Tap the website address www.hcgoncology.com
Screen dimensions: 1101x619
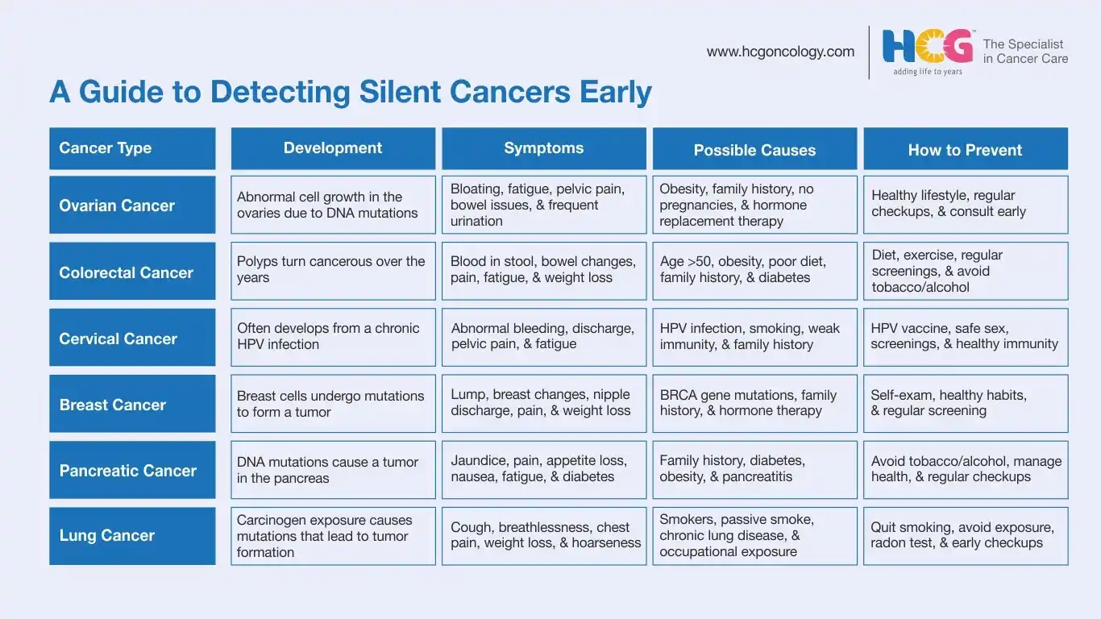[x=780, y=52]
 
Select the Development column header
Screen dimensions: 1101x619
[x=333, y=148]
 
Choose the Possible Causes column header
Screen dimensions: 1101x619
[x=754, y=148]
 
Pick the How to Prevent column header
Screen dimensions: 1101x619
[x=966, y=148]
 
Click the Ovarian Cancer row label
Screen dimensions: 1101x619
[x=132, y=205]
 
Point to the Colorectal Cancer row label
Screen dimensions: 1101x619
[x=132, y=271]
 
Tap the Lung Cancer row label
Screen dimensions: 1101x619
[x=132, y=536]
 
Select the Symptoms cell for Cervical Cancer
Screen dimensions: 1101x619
[x=543, y=337]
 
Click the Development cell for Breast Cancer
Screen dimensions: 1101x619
[x=333, y=404]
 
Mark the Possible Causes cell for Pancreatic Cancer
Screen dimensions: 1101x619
[x=754, y=470]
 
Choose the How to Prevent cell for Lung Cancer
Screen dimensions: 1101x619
[x=966, y=536]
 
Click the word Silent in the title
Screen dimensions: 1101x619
[x=400, y=91]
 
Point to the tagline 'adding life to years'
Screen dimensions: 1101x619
[x=928, y=72]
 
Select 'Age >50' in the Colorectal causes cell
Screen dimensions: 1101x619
[x=684, y=261]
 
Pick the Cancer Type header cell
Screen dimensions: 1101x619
[x=132, y=148]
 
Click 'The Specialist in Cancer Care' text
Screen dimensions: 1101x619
[x=1025, y=52]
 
